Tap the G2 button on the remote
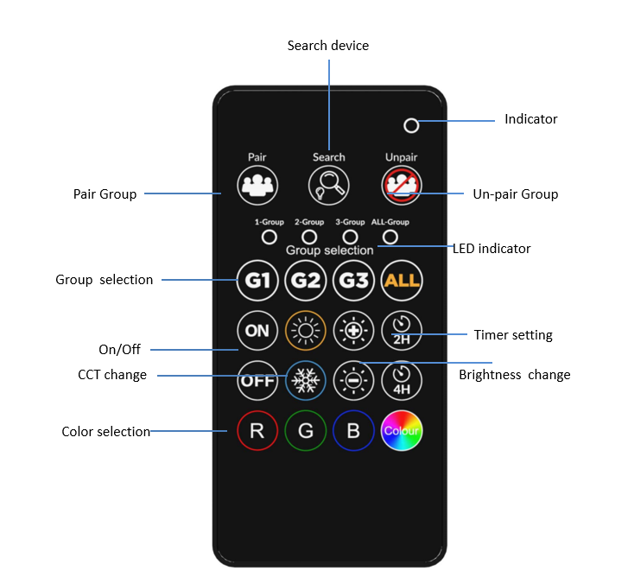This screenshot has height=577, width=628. click(306, 280)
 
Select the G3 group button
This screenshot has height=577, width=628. click(353, 280)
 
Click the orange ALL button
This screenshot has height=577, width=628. click(402, 280)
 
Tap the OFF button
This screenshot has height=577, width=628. click(257, 380)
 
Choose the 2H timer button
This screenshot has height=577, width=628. click(402, 330)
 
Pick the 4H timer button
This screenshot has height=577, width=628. click(402, 380)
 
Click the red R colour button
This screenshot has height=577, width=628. click(257, 430)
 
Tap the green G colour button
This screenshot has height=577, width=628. click(306, 430)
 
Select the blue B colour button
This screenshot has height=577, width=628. click(353, 430)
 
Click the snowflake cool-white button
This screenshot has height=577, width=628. click(306, 380)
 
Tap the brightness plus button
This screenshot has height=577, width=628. click(353, 330)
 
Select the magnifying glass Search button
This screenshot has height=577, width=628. click(329, 186)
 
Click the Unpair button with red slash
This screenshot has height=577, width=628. click(402, 186)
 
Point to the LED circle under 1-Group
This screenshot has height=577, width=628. click(270, 238)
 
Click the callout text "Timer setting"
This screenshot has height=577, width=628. click(513, 335)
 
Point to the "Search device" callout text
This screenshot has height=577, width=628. click(328, 46)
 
